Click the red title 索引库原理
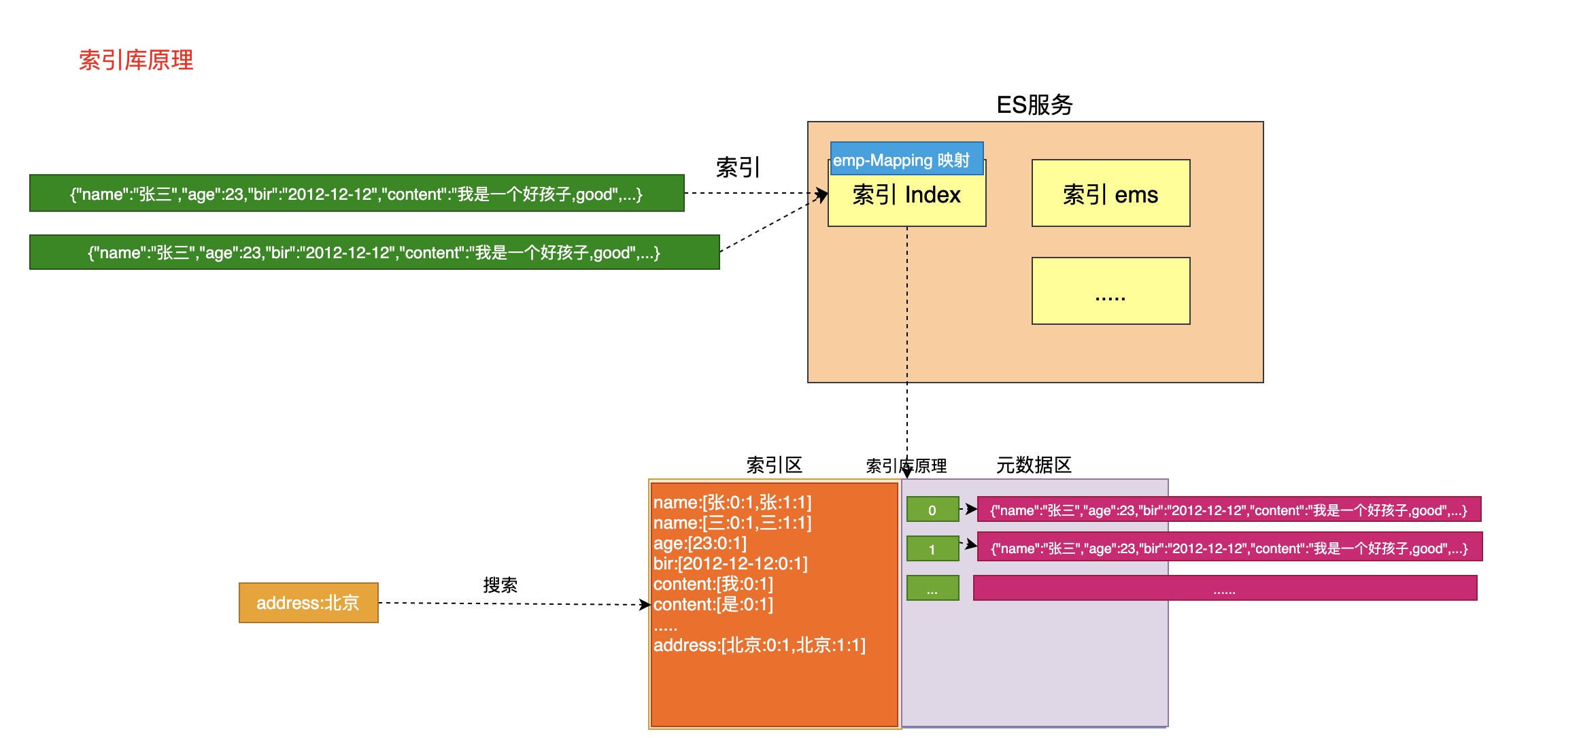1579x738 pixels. pyautogui.click(x=136, y=60)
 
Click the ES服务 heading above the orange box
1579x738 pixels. pyautogui.click(x=1034, y=105)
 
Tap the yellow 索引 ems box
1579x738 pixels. pyautogui.click(x=1110, y=194)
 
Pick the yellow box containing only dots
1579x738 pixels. pyautogui.click(x=1110, y=291)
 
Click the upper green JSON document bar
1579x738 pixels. pyautogui.click(x=356, y=194)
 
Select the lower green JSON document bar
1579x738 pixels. pyautogui.click(x=374, y=253)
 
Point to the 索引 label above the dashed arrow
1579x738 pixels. pyautogui.click(x=738, y=167)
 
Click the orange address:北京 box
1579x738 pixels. pyautogui.click(x=308, y=603)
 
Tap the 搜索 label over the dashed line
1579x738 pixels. pyautogui.click(x=500, y=585)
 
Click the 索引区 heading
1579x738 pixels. pyautogui.click(x=774, y=465)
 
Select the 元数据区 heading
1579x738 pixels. pyautogui.click(x=1034, y=465)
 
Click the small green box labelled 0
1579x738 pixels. pyautogui.click(x=932, y=510)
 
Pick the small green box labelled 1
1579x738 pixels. pyautogui.click(x=932, y=549)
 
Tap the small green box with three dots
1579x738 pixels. pyautogui.click(x=932, y=588)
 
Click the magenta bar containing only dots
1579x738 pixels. pyautogui.click(x=1225, y=588)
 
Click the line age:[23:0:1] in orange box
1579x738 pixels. pyautogui.click(x=700, y=544)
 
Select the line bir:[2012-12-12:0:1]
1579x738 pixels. pyautogui.click(x=730, y=564)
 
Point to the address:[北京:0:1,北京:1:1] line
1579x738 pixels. pyautogui.click(x=759, y=646)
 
